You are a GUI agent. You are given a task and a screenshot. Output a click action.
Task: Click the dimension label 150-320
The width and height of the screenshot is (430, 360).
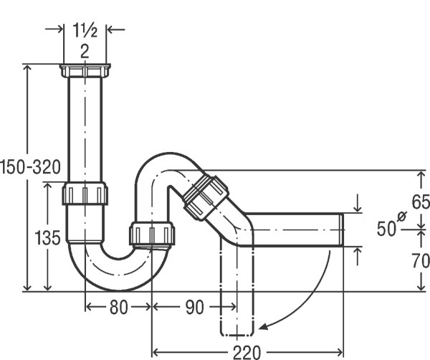tap(30, 167)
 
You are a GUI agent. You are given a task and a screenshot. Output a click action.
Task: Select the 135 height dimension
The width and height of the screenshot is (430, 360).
tap(47, 237)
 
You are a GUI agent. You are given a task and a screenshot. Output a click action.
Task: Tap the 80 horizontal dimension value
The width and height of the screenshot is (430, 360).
tap(118, 307)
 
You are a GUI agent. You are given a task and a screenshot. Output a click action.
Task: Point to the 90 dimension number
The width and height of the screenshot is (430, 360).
tap(195, 307)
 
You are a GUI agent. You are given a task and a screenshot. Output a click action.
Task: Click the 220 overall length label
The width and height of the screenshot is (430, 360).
tap(247, 352)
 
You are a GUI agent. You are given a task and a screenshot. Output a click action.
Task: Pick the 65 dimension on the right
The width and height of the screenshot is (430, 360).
tap(421, 202)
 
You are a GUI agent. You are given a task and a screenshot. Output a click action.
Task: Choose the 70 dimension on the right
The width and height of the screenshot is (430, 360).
tap(421, 260)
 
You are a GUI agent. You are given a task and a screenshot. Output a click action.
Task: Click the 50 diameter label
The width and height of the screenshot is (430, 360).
tap(386, 229)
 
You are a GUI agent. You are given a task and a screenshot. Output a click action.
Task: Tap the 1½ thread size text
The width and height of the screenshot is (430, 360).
tap(85, 29)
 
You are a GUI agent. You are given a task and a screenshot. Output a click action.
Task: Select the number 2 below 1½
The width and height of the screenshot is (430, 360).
tap(85, 52)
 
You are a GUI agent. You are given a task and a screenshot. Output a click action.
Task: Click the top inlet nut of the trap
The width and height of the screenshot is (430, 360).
tap(85, 70)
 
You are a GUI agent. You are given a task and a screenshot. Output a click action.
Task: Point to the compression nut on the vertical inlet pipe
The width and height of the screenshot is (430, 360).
tap(85, 193)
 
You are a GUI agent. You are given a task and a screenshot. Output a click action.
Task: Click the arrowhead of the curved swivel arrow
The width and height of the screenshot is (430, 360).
tap(264, 326)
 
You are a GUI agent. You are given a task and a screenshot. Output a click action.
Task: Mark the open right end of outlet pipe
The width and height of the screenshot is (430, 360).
tap(342, 229)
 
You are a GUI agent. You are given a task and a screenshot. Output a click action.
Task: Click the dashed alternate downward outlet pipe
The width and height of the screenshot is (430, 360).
tap(237, 285)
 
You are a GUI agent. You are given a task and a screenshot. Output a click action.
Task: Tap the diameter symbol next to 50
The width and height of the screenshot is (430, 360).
tap(401, 217)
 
